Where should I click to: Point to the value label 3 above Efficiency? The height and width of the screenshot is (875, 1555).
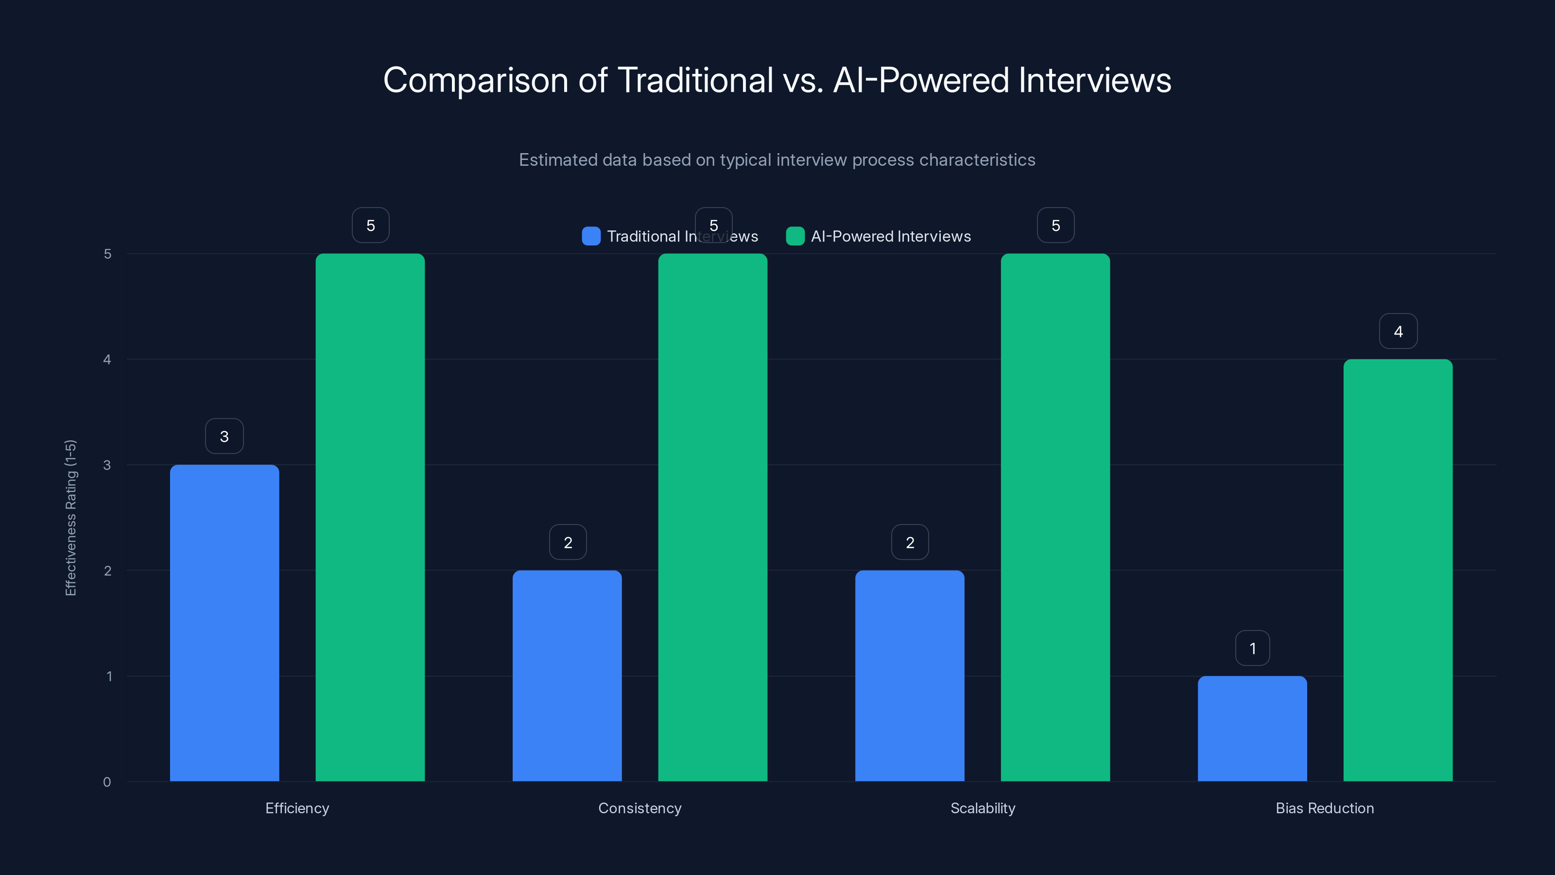224,436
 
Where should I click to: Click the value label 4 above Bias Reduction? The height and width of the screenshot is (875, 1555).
1398,331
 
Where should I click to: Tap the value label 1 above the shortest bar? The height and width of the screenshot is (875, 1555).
1253,648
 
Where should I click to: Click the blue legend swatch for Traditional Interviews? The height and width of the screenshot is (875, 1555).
591,236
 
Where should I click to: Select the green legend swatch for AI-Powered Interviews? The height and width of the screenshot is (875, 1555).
795,236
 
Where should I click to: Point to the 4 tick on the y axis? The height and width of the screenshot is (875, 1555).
107,359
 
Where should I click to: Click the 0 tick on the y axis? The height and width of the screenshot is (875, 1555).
107,782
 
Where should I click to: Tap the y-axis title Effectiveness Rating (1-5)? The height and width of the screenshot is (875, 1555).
70,518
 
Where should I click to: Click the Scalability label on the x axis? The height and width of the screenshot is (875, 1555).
983,808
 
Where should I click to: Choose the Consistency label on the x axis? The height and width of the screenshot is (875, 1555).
639,808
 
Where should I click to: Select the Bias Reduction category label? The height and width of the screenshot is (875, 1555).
1324,808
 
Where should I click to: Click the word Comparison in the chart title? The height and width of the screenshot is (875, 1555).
476,80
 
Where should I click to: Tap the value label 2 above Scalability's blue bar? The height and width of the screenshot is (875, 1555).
910,542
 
